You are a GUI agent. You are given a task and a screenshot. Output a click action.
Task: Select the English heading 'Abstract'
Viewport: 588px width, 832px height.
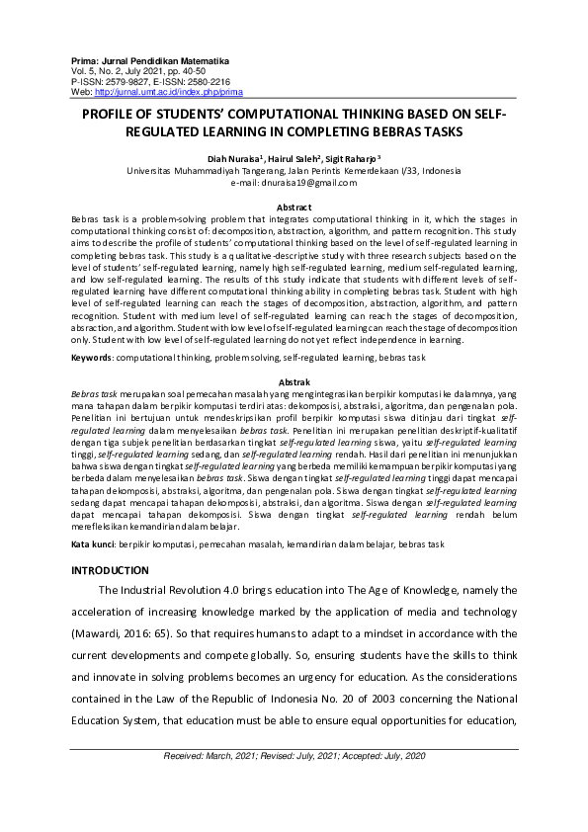(294, 206)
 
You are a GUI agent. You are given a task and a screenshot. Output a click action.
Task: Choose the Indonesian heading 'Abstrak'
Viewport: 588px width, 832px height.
(294, 380)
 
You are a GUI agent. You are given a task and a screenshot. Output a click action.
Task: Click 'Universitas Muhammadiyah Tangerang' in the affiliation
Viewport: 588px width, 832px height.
(203, 171)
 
